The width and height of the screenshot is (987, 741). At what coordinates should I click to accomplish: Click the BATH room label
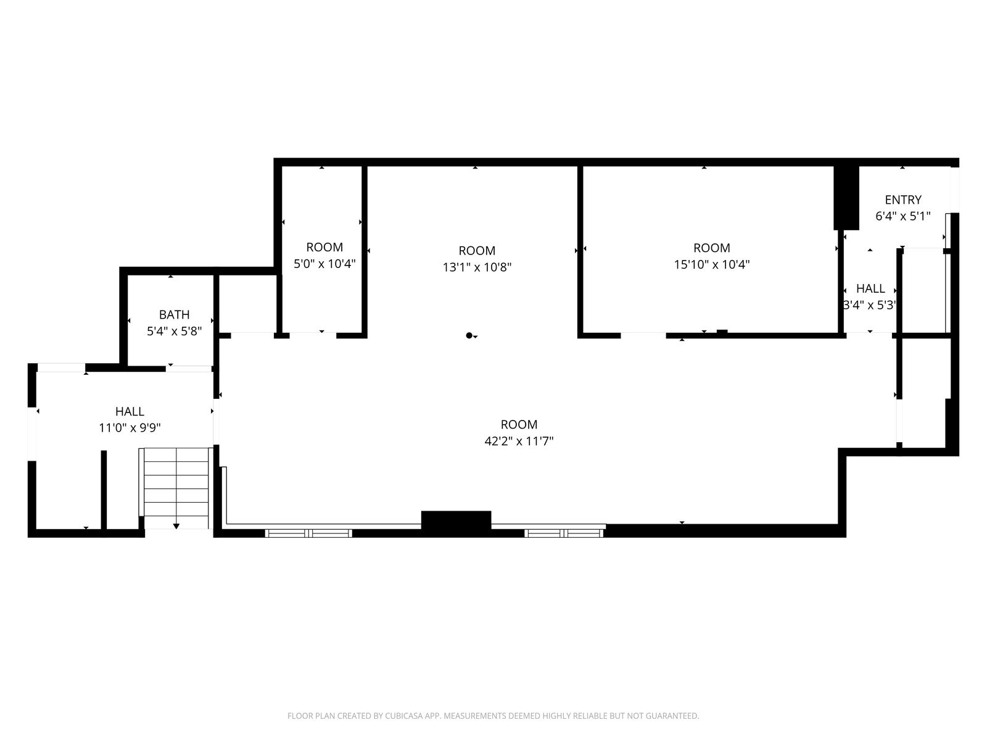pyautogui.click(x=174, y=314)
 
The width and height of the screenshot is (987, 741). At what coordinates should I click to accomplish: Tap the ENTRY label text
pyautogui.click(x=903, y=199)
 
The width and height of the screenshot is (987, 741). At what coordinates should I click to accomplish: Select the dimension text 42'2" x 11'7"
pyautogui.click(x=519, y=441)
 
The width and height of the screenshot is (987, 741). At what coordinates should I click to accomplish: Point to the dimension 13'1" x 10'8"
pyautogui.click(x=477, y=267)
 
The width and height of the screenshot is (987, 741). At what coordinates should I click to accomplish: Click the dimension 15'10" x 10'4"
pyautogui.click(x=712, y=264)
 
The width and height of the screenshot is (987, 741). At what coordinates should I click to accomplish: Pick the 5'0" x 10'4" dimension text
pyautogui.click(x=324, y=264)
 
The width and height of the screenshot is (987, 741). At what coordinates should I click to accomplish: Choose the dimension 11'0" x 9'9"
pyautogui.click(x=130, y=427)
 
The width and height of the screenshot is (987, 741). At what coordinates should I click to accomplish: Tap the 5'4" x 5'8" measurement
pyautogui.click(x=174, y=331)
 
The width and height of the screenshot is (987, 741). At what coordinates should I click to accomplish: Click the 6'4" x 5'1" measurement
pyautogui.click(x=903, y=216)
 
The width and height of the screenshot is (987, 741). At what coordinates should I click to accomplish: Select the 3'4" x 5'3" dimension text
pyautogui.click(x=870, y=305)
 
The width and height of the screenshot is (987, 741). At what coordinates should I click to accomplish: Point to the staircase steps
pyautogui.click(x=176, y=488)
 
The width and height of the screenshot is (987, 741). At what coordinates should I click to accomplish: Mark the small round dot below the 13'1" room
pyautogui.click(x=469, y=335)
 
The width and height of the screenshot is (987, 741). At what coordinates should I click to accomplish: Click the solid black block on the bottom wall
pyautogui.click(x=456, y=524)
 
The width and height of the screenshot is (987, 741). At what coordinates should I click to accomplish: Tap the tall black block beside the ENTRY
pyautogui.click(x=846, y=198)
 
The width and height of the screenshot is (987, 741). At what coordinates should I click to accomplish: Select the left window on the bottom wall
pyautogui.click(x=308, y=533)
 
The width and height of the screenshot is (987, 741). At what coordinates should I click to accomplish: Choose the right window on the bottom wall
pyautogui.click(x=564, y=533)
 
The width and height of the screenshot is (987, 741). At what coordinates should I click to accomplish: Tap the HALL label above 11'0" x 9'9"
pyautogui.click(x=130, y=411)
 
